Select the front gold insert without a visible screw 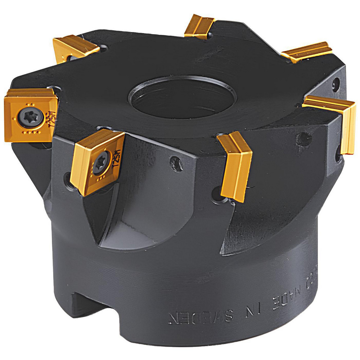click(x=235, y=166)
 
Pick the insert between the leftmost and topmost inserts click(x=75, y=47)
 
